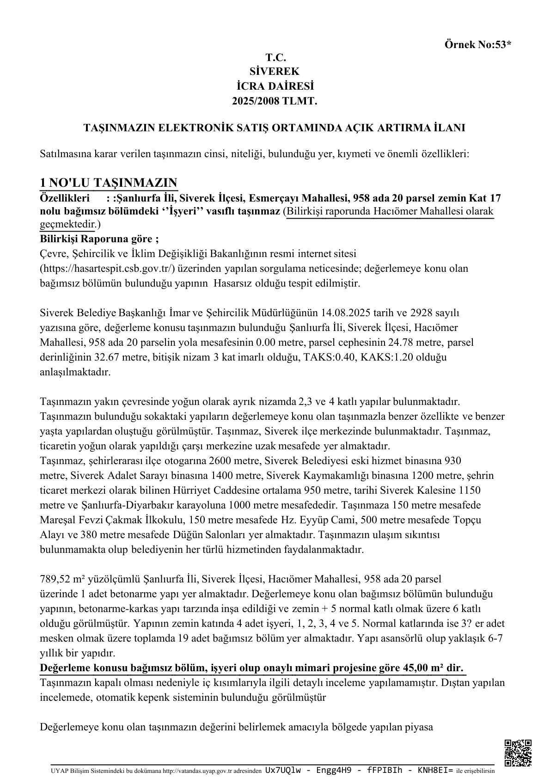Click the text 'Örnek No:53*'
tap(478, 45)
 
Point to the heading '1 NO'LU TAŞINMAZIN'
tap(109, 182)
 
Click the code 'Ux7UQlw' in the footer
tap(281, 771)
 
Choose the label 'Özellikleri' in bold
tap(65, 198)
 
